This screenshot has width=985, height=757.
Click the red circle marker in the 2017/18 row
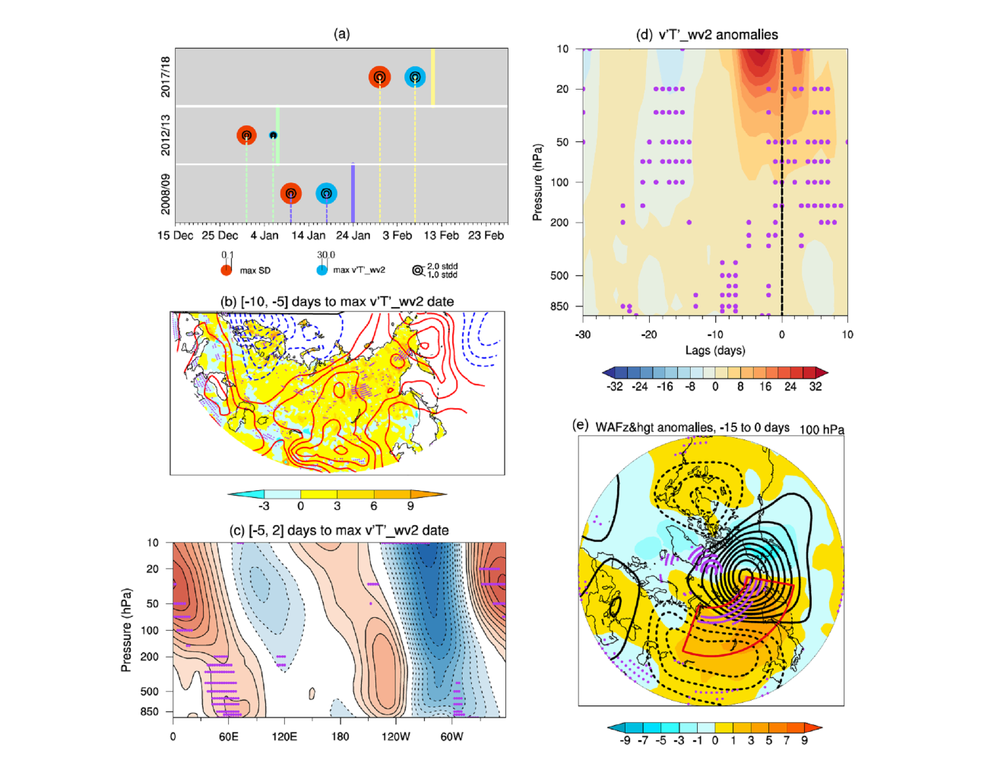point(379,77)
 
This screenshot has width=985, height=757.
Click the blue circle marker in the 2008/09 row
point(326,194)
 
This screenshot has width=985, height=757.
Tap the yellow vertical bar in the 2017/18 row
point(432,77)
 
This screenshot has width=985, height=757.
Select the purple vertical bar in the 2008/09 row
point(353,193)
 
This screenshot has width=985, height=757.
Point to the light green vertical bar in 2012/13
point(277,135)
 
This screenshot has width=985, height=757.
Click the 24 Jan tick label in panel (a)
point(353,236)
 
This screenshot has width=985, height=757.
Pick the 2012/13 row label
point(166,135)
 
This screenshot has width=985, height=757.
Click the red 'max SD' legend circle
point(226,270)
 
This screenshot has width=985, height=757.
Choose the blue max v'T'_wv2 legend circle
point(322,270)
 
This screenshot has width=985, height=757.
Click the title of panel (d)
point(707,34)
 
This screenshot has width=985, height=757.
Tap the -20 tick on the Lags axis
point(649,334)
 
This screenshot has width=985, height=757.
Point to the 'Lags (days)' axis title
point(715,350)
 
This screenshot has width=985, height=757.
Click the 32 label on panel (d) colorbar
point(816,386)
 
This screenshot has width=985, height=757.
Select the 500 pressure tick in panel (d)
point(559,275)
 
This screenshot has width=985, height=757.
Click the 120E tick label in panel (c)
point(284,736)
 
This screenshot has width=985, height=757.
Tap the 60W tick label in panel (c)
point(451,736)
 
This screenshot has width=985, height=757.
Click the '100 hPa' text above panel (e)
point(822,429)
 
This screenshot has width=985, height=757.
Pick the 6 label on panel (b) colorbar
point(374,505)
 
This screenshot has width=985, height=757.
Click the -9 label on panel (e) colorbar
point(625,740)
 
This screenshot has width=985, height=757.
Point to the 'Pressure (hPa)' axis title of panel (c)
point(126,630)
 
